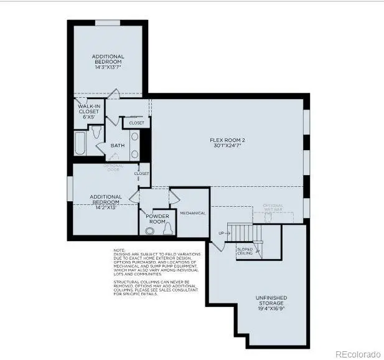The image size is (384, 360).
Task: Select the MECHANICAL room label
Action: pos(192,213)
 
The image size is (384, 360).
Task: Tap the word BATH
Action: pos(117,146)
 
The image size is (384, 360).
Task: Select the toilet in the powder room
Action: pos(166,230)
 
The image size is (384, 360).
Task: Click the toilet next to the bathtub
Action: pos(96,133)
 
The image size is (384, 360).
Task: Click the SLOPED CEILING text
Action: pos(245,251)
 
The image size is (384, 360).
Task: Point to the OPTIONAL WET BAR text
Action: pos(273,208)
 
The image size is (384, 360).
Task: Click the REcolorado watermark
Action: pos(357,354)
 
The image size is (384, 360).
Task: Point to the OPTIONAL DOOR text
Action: pos(113,166)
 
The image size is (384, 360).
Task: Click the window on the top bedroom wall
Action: pos(107,23)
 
